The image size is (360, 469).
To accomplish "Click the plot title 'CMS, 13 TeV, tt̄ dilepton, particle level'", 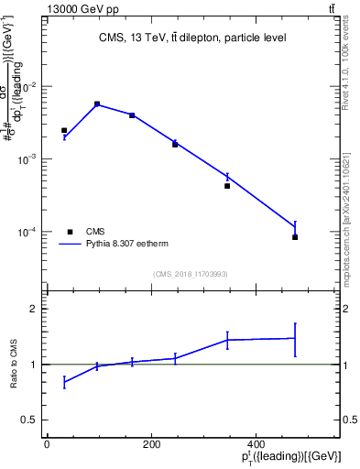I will pyautogui.click(x=191, y=38).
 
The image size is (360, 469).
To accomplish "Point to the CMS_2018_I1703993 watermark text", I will pyautogui.click(x=190, y=273).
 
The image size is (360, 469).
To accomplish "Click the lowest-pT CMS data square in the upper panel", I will pyautogui.click(x=64, y=131).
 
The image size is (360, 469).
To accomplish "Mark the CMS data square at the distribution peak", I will pyautogui.click(x=97, y=104).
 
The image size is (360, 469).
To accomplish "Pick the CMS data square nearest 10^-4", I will pyautogui.click(x=295, y=237).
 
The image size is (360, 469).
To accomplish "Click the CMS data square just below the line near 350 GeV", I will pyautogui.click(x=227, y=186).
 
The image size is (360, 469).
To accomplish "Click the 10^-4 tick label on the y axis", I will pyautogui.click(x=27, y=232).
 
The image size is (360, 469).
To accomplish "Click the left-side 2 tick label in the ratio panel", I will pyautogui.click(x=33, y=309).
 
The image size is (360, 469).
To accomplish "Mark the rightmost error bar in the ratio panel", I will pyautogui.click(x=295, y=339).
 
